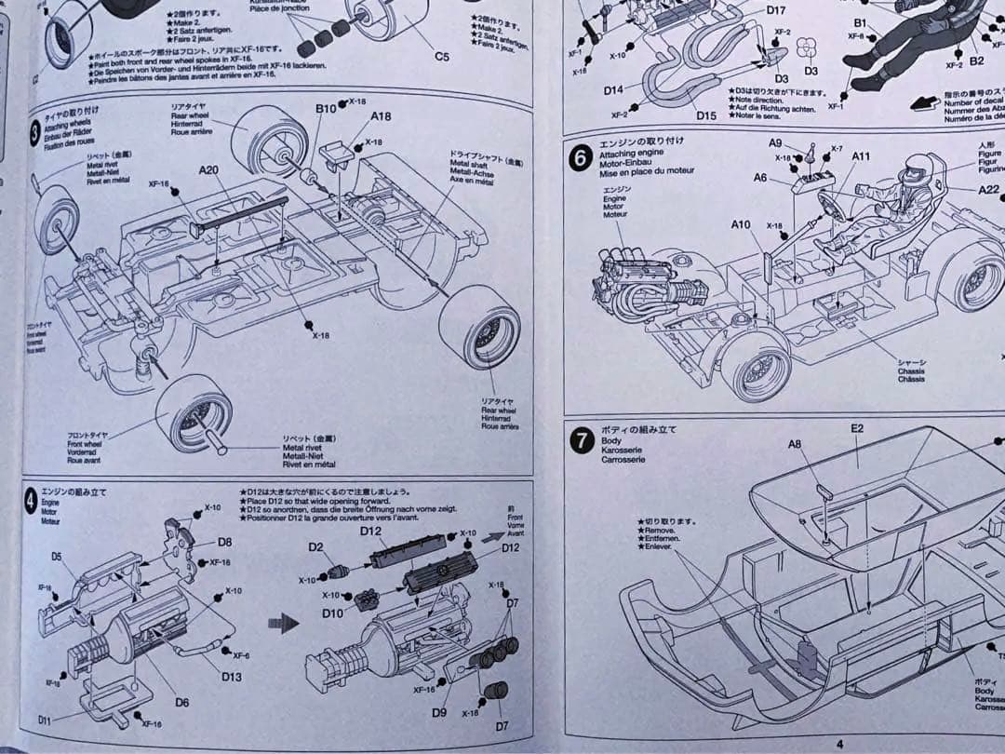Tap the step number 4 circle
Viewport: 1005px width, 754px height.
pos(31,503)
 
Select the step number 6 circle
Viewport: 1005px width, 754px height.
pos(581,158)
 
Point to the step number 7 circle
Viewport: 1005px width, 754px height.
pos(582,440)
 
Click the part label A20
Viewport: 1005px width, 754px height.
pos(208,170)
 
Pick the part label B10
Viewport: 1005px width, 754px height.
pos(326,109)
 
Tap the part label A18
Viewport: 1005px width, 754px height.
pos(381,116)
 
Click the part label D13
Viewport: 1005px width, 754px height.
pos(232,677)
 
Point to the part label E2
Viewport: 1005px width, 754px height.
pos(856,428)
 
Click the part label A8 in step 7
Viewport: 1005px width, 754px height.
pos(794,445)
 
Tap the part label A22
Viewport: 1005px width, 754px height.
pos(988,190)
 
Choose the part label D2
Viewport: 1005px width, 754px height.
pos(316,547)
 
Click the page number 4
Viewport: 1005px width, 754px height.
pos(838,743)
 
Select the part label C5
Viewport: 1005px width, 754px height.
pos(442,57)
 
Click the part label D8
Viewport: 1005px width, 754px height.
pos(224,542)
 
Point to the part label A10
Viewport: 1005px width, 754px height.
pos(741,224)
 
